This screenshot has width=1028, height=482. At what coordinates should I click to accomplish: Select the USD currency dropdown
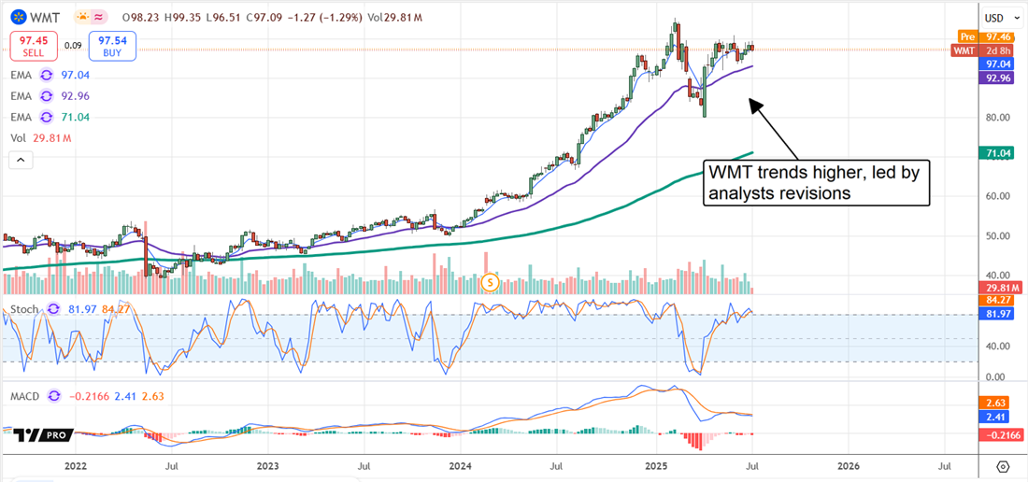click(x=999, y=18)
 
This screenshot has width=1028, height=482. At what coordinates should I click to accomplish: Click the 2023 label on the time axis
click(x=267, y=465)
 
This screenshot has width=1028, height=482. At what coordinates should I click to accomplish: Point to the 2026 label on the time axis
click(x=848, y=465)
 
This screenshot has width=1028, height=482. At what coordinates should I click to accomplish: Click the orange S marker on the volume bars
click(x=490, y=281)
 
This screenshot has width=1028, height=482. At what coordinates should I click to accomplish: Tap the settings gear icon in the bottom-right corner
click(x=1003, y=465)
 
